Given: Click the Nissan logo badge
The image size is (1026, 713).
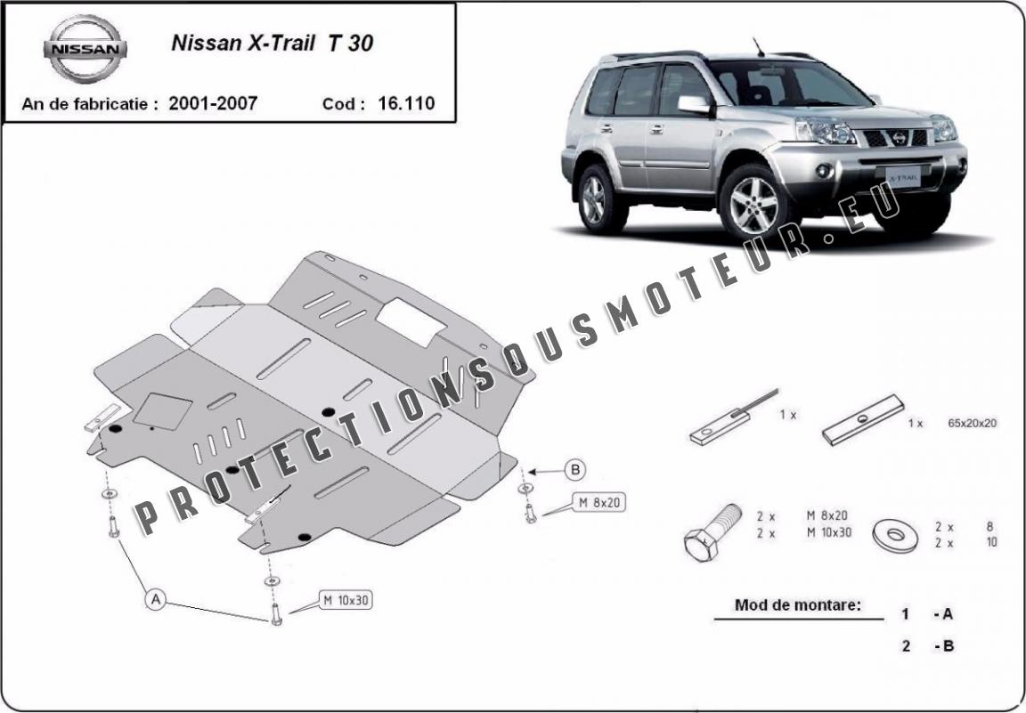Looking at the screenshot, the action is point(85,49).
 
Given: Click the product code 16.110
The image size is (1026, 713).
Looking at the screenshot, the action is point(406,102).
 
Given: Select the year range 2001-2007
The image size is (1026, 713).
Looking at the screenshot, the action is point(213,102).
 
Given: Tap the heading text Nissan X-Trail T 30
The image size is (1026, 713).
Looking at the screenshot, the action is point(273,44).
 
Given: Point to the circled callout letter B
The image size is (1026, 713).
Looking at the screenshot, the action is point(575,469).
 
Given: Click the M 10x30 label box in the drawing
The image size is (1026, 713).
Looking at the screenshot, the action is point(346,600).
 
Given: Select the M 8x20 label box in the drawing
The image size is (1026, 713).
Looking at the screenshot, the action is point(598,502).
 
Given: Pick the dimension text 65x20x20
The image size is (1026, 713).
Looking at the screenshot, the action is point(972,423).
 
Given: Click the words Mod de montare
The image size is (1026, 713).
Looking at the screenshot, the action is point(798,605).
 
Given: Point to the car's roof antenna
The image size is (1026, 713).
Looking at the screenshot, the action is point(759,47).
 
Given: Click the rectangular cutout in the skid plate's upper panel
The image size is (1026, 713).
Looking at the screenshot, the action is point(411,322).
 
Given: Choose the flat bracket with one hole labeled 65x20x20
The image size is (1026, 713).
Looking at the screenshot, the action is point(863,419).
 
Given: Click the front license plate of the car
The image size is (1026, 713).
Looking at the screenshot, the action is point(903,176).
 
